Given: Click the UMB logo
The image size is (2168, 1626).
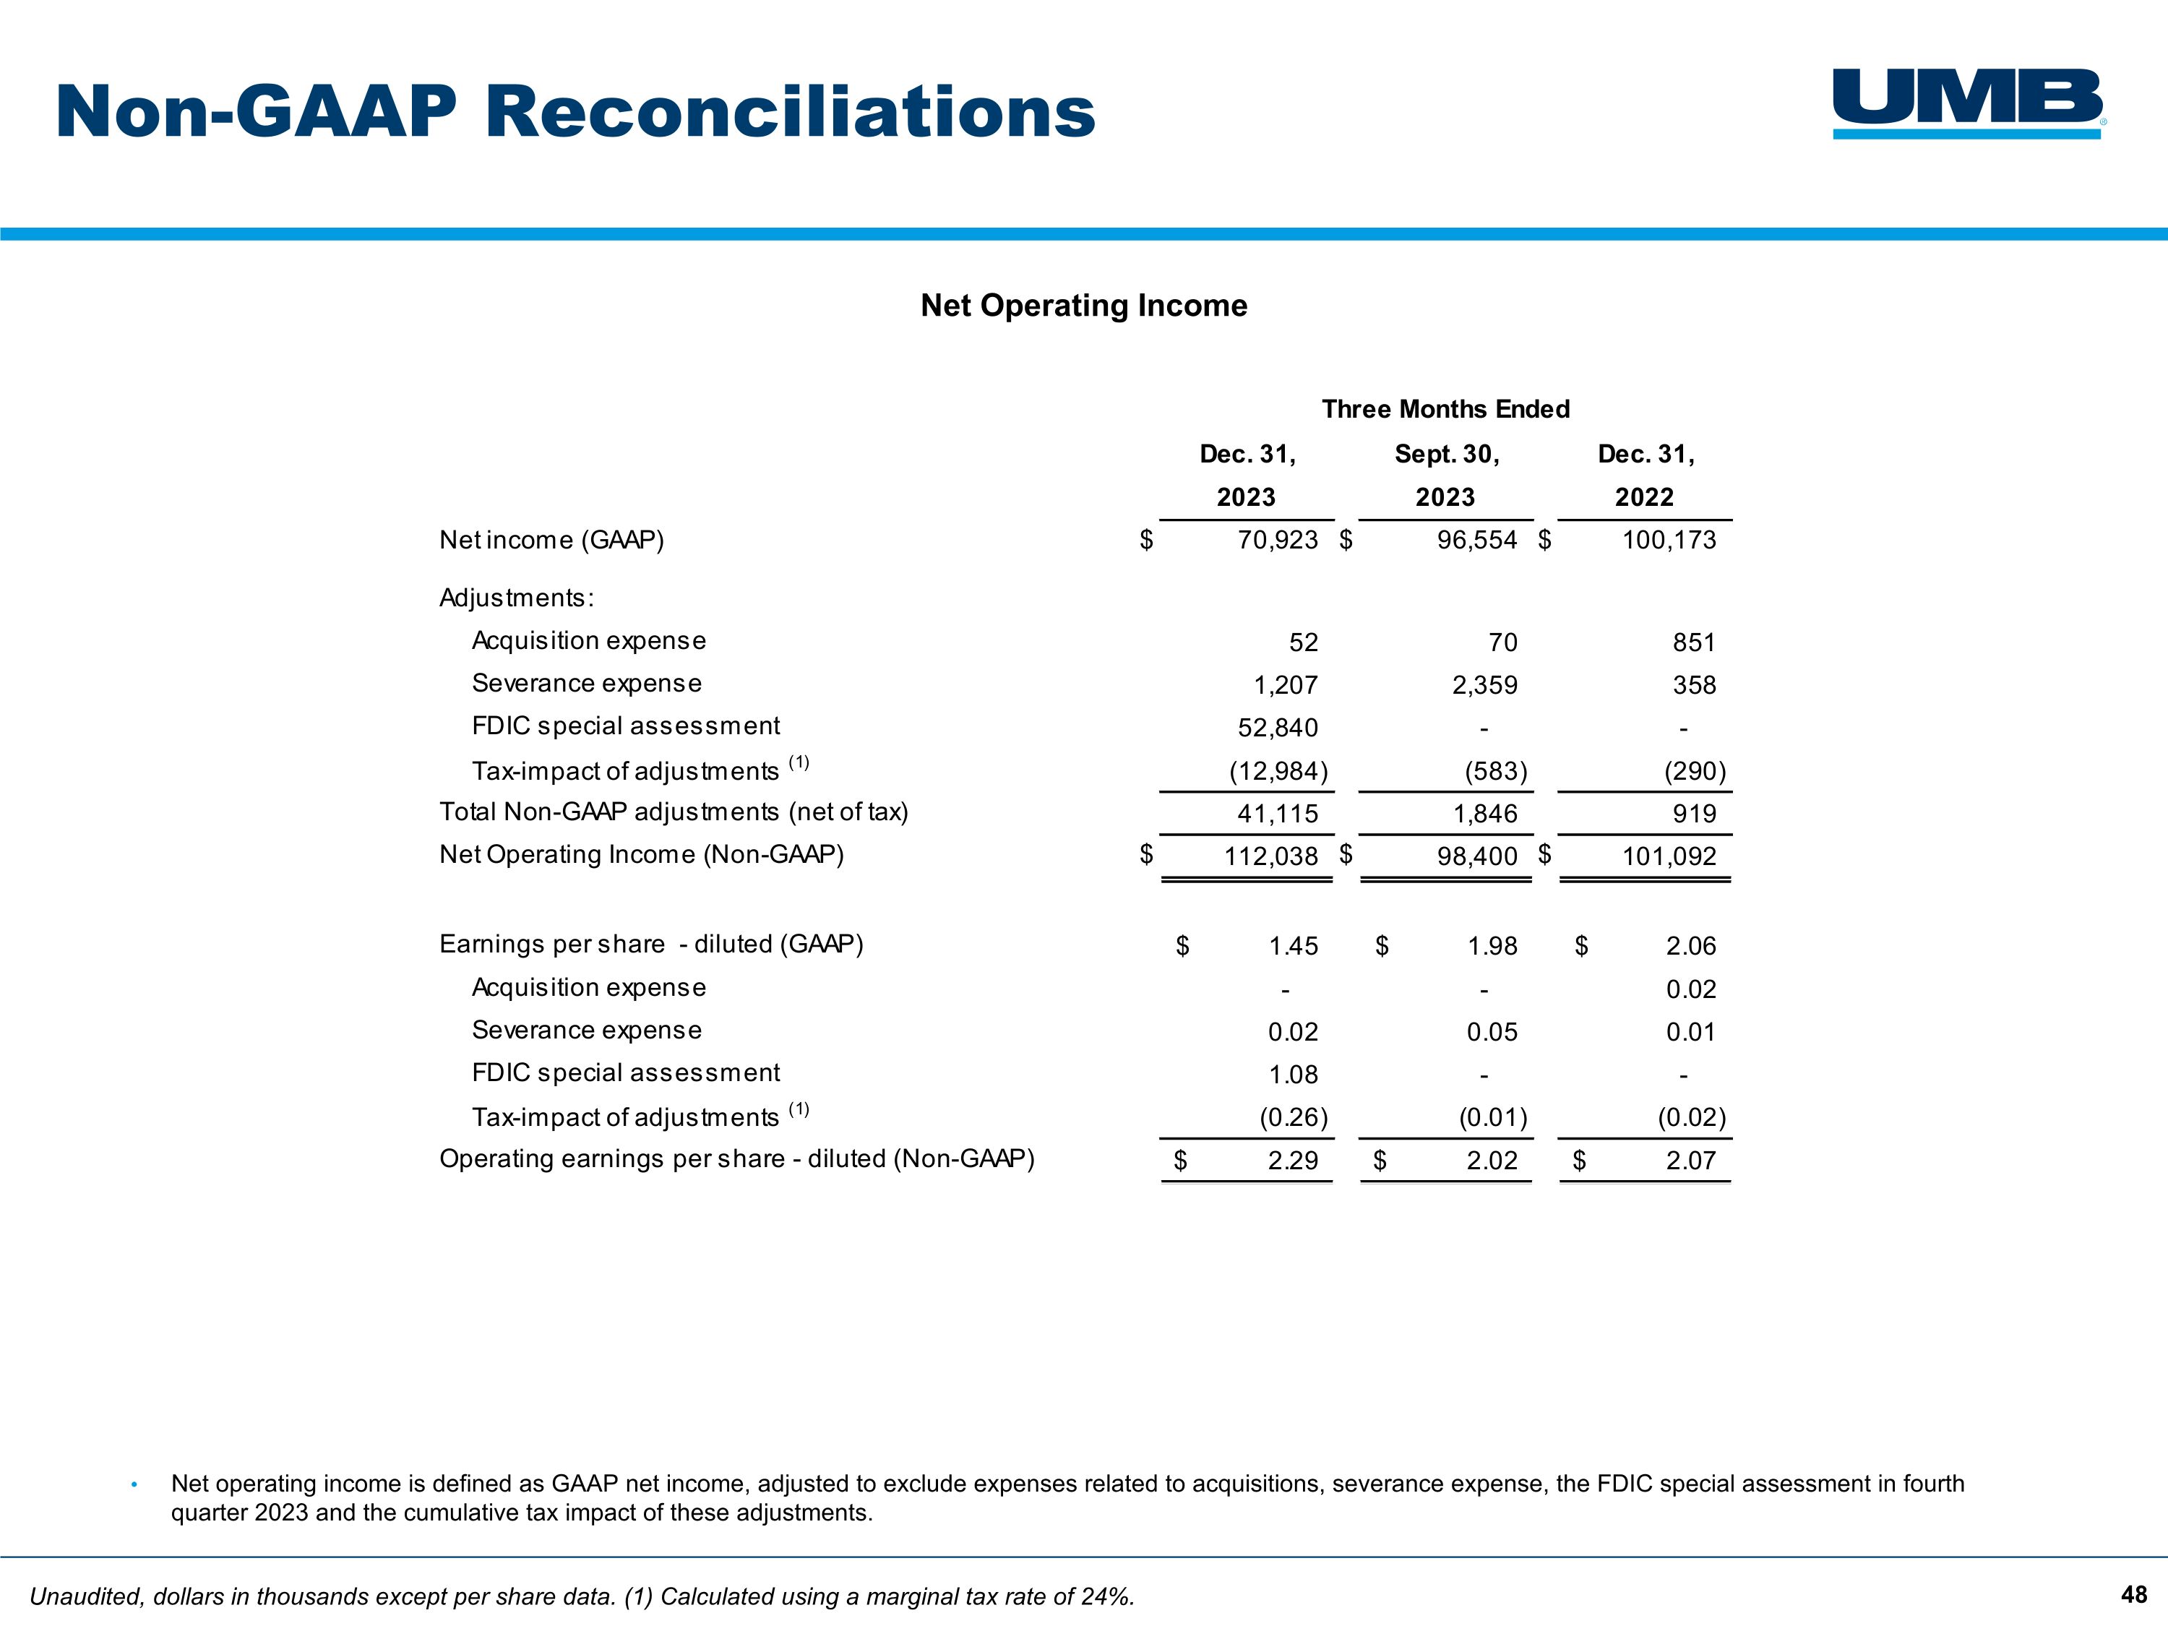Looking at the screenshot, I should [x=1968, y=103].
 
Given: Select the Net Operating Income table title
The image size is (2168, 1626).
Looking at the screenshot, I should [x=1083, y=306].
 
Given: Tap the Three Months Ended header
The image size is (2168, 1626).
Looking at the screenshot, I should [x=1445, y=409].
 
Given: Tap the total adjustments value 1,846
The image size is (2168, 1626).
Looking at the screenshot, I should [x=1486, y=814].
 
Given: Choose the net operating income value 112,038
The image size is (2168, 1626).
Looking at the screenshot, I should [x=1270, y=856].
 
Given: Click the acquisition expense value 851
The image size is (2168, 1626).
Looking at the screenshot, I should [x=1694, y=643].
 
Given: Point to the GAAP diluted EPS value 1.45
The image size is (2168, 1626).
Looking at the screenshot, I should [x=1293, y=946].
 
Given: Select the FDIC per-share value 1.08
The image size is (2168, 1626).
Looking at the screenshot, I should [x=1293, y=1075].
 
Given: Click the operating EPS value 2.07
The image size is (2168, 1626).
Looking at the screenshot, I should [x=1691, y=1161].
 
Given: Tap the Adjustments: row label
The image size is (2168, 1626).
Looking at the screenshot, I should [x=517, y=598].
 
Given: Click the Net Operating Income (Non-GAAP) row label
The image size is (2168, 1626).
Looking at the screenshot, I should [x=641, y=855].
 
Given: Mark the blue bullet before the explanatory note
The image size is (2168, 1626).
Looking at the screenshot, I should [x=134, y=1485].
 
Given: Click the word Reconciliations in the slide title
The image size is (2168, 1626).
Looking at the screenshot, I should [x=790, y=112].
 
